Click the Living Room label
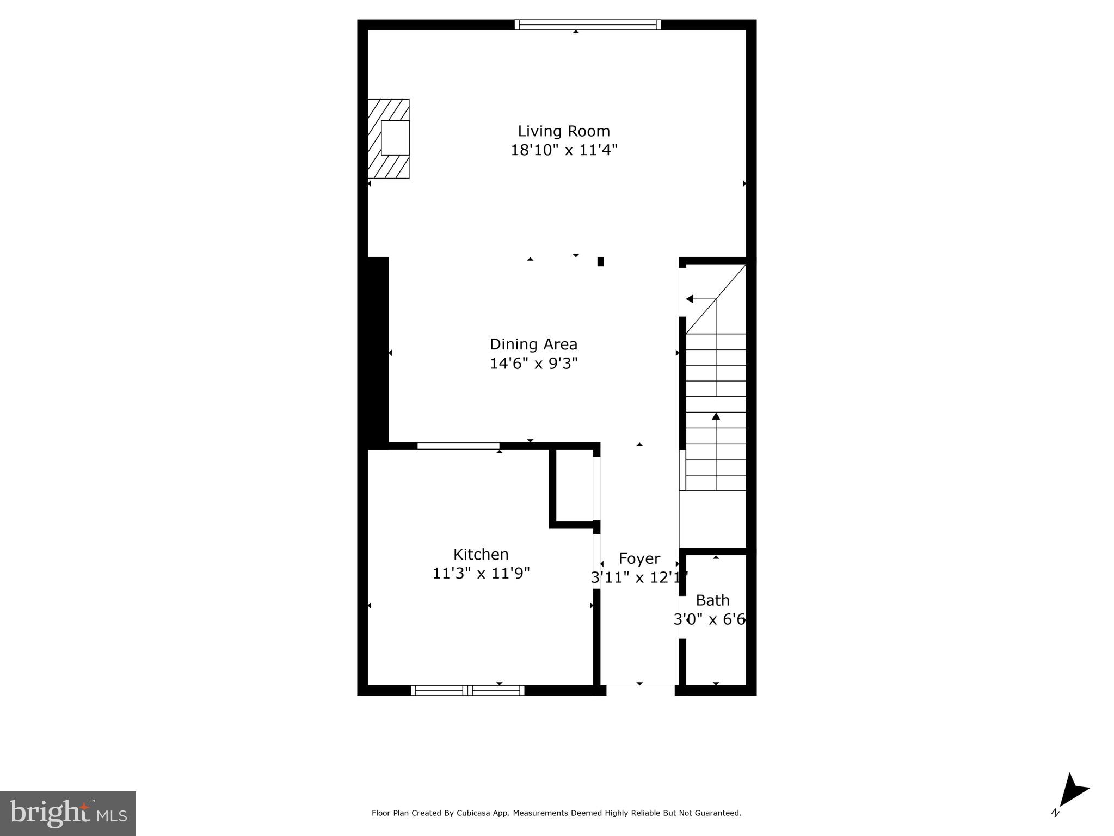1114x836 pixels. [563, 131]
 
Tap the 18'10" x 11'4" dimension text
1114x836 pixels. [563, 150]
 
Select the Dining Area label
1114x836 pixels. [533, 345]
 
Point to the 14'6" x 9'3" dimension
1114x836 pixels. [533, 364]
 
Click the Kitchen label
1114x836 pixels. [481, 555]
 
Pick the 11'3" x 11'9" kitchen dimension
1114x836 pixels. [481, 574]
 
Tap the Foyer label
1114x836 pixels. [639, 559]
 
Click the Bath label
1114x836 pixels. [712, 600]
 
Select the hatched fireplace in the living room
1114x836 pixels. [389, 139]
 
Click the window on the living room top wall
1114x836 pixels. [587, 24]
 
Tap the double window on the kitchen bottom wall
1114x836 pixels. [467, 691]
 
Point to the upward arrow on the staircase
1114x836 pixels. [716, 417]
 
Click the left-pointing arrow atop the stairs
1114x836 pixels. [690, 299]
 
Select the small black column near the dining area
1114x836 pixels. [600, 261]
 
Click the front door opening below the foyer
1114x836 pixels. [640, 690]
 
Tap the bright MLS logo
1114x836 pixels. [68, 813]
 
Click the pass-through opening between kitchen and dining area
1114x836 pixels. [458, 446]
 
